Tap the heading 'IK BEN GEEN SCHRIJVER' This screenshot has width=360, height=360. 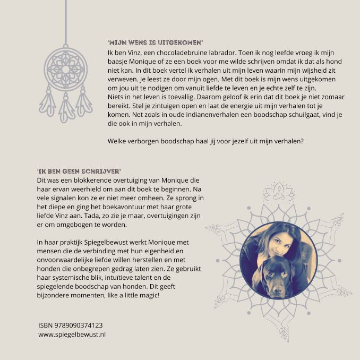coord(79,171)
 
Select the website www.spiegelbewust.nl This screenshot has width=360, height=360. coord(72,335)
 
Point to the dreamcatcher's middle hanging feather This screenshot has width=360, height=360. coord(66,110)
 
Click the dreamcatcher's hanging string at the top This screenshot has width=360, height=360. coord(66,21)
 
